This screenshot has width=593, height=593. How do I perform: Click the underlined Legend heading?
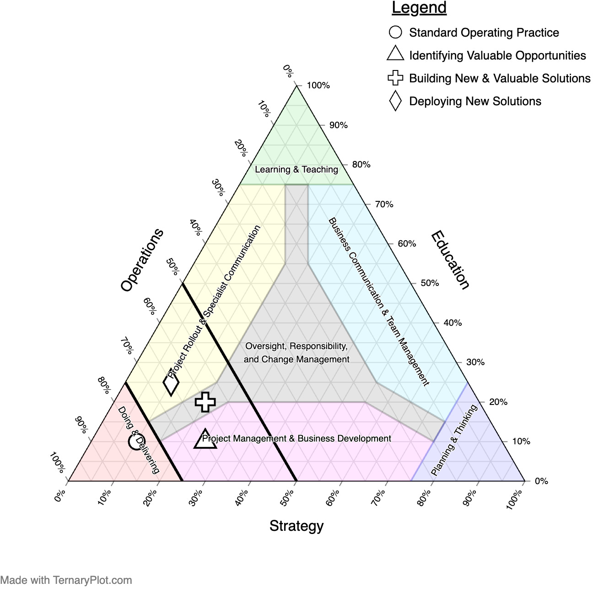click(x=419, y=8)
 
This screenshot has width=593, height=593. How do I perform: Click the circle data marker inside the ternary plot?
click(x=136, y=442)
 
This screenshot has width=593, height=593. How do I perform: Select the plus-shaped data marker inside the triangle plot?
click(x=205, y=402)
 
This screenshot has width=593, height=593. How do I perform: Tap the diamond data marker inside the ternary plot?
click(x=171, y=384)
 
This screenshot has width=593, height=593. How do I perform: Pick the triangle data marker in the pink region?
click(x=205, y=439)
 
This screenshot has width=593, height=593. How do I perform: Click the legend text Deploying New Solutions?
click(x=475, y=101)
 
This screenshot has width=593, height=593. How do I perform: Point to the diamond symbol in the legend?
click(x=395, y=101)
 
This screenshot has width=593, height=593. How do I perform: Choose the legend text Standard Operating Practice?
click(x=484, y=32)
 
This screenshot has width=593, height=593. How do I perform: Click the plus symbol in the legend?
click(x=395, y=78)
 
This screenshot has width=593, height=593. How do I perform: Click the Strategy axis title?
click(x=296, y=526)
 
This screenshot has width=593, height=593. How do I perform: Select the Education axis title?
click(x=450, y=260)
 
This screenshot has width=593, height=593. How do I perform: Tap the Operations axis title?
click(x=142, y=260)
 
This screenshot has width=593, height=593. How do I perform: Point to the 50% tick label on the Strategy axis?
click(x=287, y=497)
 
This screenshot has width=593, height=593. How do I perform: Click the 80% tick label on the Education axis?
click(x=361, y=165)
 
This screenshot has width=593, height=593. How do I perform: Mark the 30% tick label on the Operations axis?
click(x=219, y=187)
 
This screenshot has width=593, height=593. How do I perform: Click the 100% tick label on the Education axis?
click(x=318, y=86)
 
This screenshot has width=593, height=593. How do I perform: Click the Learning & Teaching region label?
click(x=296, y=169)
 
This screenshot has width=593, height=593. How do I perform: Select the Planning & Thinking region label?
click(x=454, y=440)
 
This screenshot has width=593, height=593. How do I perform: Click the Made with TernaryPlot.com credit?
click(x=66, y=580)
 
